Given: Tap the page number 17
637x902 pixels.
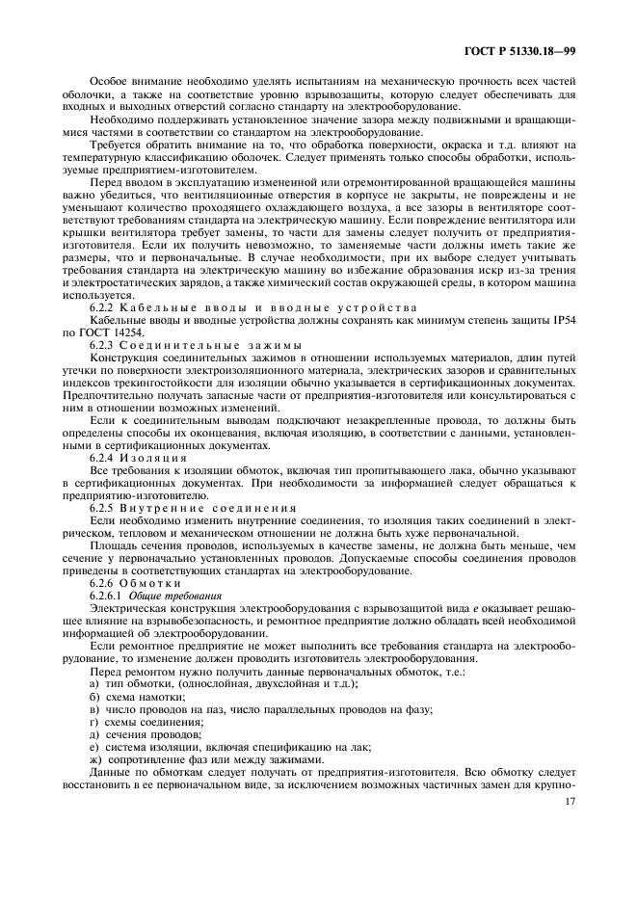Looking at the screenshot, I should [x=570, y=802].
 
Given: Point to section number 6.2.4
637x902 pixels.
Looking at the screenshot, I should [x=104, y=455].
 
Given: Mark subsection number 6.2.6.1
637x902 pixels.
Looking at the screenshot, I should [x=109, y=596].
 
